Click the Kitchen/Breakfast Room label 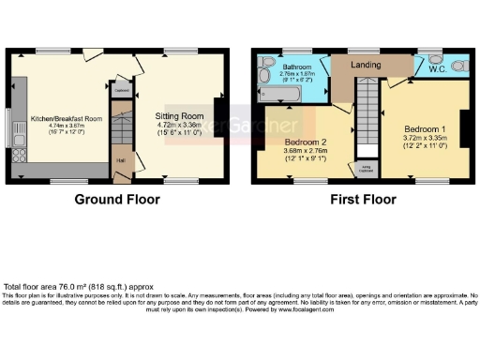(65, 119)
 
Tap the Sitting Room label (180, 112)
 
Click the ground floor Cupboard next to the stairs (120, 90)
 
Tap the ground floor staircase (120, 127)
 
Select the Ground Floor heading (116, 199)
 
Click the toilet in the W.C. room (458, 67)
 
